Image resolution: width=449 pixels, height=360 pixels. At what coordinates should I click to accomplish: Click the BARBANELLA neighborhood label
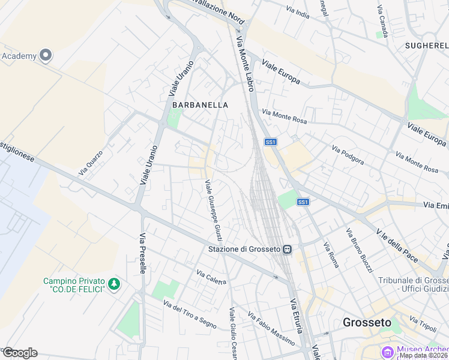tap(200, 104)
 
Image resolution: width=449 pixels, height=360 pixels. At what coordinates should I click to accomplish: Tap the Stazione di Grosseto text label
tap(244, 249)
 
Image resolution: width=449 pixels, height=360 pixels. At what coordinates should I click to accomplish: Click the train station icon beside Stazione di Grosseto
tap(288, 249)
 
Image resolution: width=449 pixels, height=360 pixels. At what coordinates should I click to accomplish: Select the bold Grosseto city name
tap(367, 322)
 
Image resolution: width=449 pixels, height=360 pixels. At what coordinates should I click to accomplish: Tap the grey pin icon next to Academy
tap(46, 56)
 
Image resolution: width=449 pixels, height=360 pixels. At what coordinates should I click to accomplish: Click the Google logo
tap(20, 353)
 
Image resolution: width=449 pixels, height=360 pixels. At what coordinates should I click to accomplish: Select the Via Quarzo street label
tap(90, 162)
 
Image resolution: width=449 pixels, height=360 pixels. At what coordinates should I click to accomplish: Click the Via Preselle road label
tap(143, 253)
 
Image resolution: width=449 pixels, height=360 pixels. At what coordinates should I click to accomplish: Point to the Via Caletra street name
tap(211, 277)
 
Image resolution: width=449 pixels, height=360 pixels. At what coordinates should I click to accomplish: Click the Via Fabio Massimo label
tap(271, 329)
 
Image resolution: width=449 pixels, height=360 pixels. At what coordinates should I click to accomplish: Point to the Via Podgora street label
tap(348, 154)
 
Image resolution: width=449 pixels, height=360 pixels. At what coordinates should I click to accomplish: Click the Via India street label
tap(298, 12)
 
